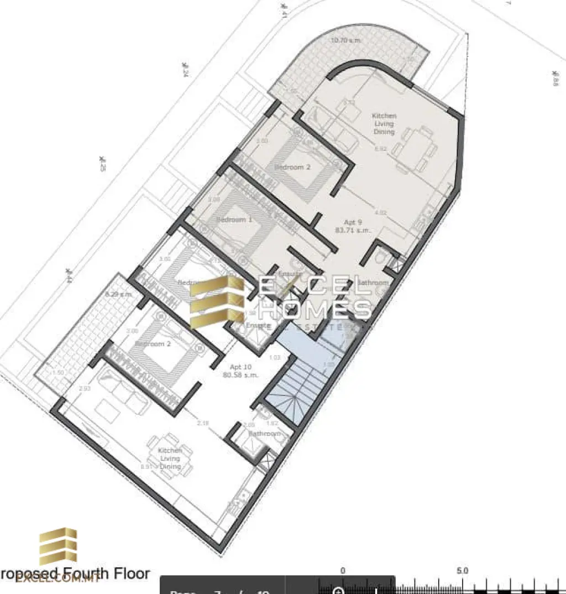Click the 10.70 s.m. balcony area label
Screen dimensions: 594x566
345,40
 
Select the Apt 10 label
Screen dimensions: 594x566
241,367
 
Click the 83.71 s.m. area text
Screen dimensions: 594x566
354,231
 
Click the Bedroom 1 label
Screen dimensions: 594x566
234,220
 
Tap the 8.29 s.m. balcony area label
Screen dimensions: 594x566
118,294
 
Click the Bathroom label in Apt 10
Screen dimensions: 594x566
265,434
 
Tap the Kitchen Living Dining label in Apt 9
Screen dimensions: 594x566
384,124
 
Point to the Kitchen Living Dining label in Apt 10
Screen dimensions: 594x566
170,459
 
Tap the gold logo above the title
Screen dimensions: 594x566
57,547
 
